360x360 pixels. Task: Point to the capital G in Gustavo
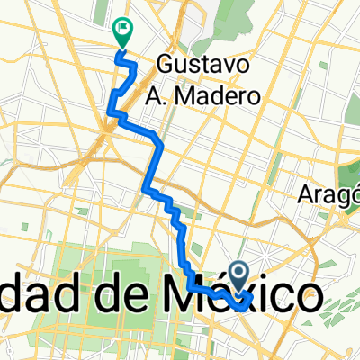pyautogui.click(x=166, y=65)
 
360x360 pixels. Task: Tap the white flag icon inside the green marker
pyautogui.click(x=121, y=30)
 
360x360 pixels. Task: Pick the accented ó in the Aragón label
pyautogui.click(x=346, y=194)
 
